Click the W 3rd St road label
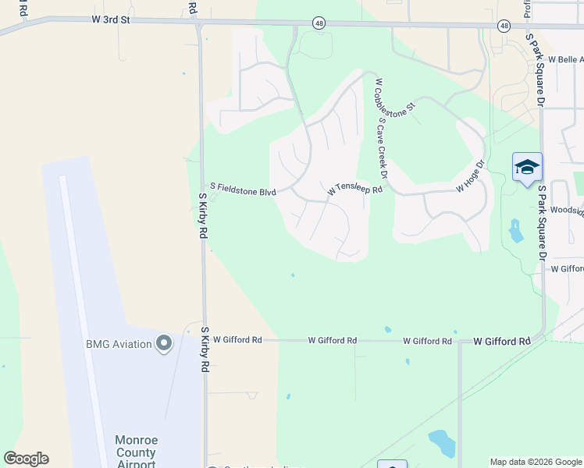109,19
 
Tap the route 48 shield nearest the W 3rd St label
319,24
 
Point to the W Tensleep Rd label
355,190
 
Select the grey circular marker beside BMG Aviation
164,343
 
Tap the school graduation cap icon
527,167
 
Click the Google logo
26,459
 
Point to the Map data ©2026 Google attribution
535,462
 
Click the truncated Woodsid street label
567,210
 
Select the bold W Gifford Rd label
502,342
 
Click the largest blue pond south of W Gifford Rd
443,442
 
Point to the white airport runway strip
81,312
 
